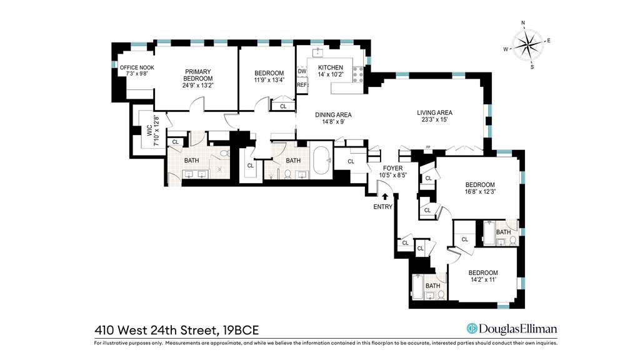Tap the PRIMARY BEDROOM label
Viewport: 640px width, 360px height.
point(198,75)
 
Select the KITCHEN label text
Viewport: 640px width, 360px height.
point(331,67)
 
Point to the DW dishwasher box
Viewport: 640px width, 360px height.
point(302,71)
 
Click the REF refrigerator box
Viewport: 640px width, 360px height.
point(302,85)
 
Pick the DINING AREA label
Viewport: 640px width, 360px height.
point(333,115)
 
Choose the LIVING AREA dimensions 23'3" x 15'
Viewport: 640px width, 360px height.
point(435,119)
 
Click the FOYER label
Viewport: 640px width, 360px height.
point(392,168)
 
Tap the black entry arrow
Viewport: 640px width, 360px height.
point(384,196)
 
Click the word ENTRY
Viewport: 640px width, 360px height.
point(383,207)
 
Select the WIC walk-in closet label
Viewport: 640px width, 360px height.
point(149,131)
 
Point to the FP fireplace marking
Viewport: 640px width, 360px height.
point(428,147)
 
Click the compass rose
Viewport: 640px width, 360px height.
point(527,44)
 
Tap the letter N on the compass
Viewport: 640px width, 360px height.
point(523,23)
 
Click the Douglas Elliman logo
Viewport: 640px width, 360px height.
point(512,329)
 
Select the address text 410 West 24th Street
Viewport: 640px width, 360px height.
point(152,330)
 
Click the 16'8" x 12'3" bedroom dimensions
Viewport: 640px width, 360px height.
point(481,191)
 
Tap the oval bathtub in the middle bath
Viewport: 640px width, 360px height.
point(321,160)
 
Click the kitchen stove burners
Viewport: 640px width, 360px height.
point(358,76)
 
